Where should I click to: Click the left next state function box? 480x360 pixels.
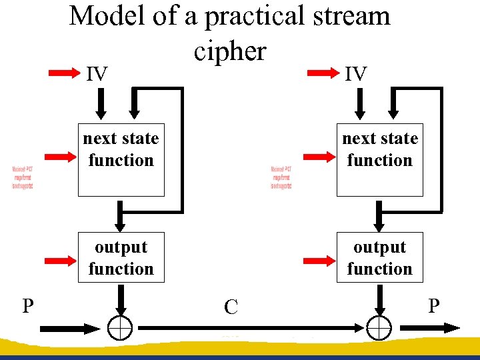click(x=121, y=160)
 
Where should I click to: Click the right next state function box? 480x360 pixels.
click(x=379, y=160)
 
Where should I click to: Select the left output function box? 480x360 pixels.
click(x=121, y=257)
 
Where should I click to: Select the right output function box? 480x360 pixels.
click(x=379, y=257)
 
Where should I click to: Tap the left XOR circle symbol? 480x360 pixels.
click(x=120, y=327)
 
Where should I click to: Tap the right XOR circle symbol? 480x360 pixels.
click(x=379, y=327)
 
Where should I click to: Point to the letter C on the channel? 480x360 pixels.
click(x=231, y=307)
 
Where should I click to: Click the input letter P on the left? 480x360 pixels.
click(x=28, y=306)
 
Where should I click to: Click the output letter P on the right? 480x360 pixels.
click(x=434, y=306)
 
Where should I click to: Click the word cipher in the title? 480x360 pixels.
click(x=230, y=51)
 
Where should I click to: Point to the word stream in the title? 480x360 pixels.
click(x=346, y=15)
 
